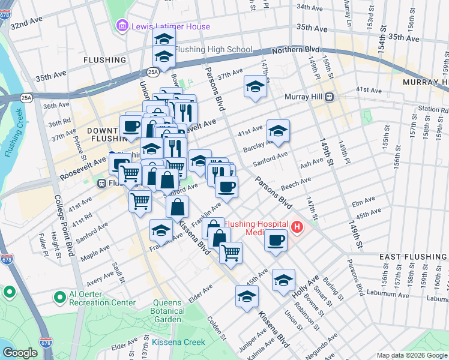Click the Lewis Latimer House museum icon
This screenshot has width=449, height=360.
122,26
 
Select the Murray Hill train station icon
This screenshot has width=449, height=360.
329,97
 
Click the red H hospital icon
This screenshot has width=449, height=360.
297,227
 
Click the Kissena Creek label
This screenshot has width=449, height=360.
178,342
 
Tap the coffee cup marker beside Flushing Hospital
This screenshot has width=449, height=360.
276,241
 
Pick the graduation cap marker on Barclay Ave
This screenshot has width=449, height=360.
278,131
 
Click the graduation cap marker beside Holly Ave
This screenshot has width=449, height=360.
284,280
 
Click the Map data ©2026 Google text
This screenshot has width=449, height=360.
411,355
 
